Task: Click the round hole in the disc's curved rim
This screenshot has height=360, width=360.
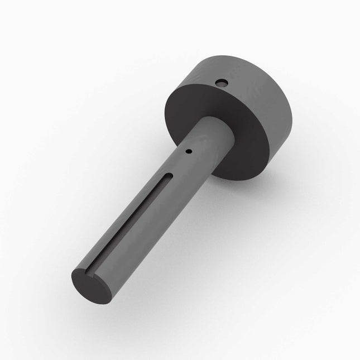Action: tap(223, 83)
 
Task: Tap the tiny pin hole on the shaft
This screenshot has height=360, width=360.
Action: tap(189, 151)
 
